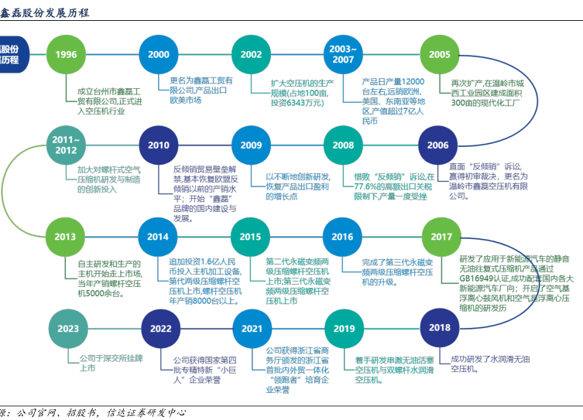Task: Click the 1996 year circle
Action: (67, 54)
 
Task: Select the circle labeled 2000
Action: (159, 54)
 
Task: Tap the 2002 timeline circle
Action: (251, 54)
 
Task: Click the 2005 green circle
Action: (439, 54)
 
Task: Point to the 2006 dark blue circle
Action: (438, 145)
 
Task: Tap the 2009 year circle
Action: (251, 145)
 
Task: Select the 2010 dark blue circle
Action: (159, 145)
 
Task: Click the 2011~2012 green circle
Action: (67, 145)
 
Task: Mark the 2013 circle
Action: (67, 237)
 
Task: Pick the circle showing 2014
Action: (159, 237)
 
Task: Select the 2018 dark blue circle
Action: (440, 327)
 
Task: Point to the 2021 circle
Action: (251, 329)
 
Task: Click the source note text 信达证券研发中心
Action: (146, 413)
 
